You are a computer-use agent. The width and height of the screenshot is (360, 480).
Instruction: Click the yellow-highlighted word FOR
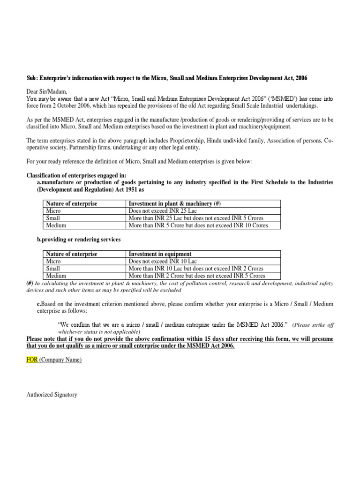click(x=32, y=360)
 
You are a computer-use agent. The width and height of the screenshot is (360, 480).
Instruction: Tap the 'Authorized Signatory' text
click(x=52, y=395)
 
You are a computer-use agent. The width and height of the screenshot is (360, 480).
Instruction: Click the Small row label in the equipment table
click(x=52, y=269)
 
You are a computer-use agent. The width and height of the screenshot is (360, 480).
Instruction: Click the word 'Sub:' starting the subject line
click(x=32, y=77)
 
